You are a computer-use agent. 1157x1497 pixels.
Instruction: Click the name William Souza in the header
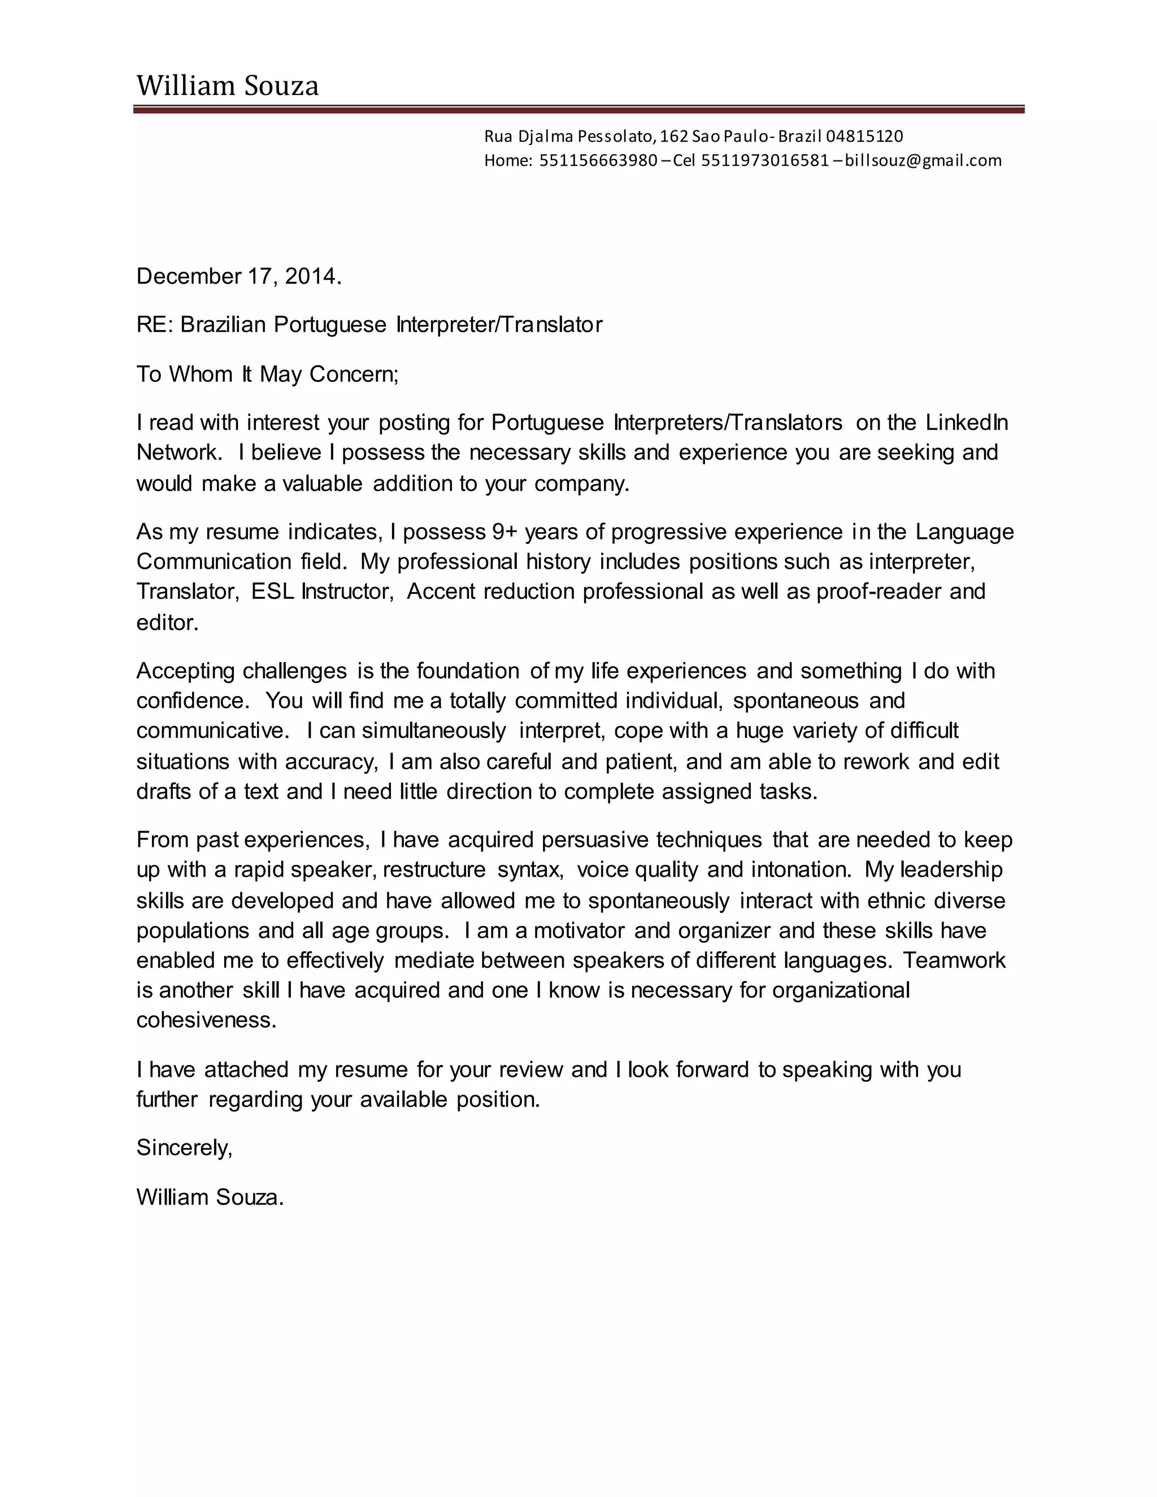(227, 86)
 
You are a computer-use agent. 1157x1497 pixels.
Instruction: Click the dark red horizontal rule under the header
(578, 109)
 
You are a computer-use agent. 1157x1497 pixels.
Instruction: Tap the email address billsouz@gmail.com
(923, 160)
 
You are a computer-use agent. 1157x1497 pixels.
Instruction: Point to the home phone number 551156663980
(598, 160)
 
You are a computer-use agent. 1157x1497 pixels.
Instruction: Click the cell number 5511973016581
(765, 160)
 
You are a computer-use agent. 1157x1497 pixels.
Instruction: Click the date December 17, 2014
(238, 276)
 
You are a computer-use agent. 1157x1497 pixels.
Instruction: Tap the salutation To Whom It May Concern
(267, 374)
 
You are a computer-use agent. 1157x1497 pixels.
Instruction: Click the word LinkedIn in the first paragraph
(967, 422)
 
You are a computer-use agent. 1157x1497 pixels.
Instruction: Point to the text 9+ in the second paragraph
(504, 532)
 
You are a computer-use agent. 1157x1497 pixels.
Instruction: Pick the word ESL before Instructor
(272, 591)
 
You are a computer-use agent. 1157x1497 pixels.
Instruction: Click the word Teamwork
(954, 960)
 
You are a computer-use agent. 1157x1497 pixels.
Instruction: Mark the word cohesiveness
(206, 1020)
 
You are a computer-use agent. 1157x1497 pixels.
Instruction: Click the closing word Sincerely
(184, 1147)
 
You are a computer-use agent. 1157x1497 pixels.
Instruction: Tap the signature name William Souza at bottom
(209, 1198)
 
